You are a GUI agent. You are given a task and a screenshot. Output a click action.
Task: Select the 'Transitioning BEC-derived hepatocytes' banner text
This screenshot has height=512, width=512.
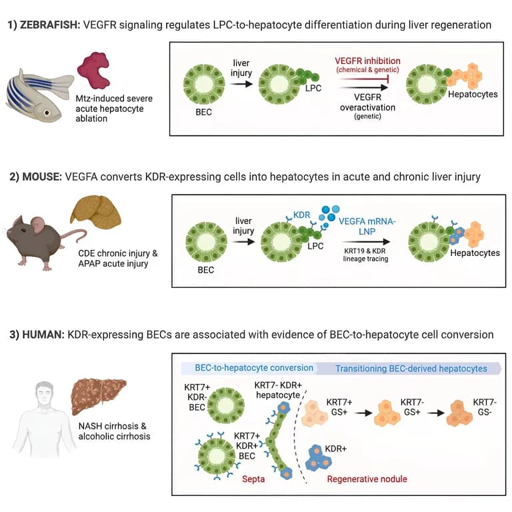coord(411,369)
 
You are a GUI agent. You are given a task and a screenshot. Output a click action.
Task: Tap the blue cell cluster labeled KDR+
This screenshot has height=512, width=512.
coord(319,455)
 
